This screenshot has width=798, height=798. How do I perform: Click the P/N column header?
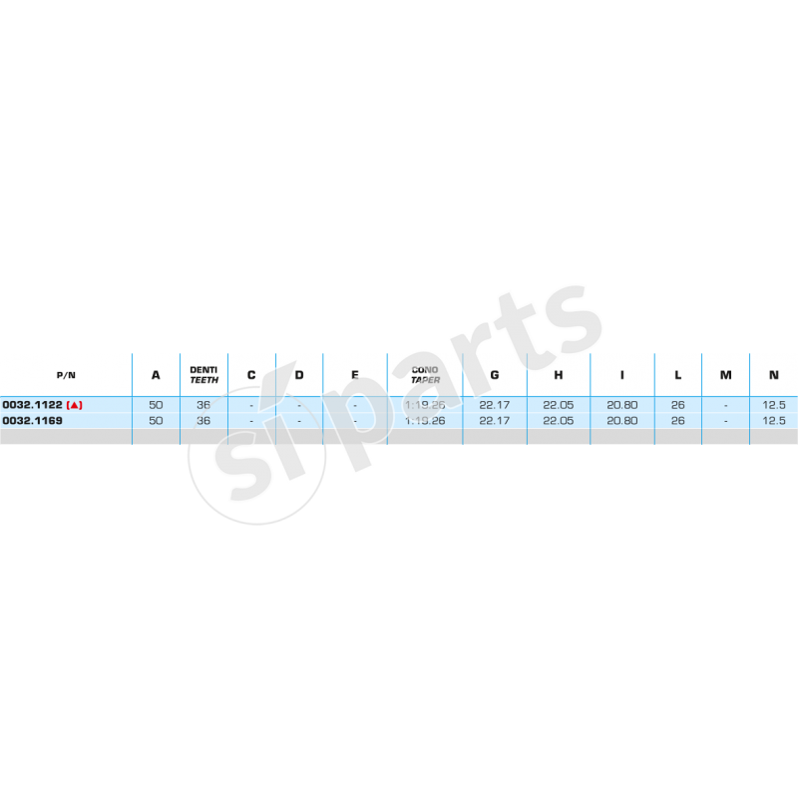click(66, 375)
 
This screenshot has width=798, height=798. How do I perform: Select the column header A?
click(156, 375)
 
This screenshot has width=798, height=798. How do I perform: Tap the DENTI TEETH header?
click(204, 375)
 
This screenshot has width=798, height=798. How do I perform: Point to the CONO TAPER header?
click(425, 375)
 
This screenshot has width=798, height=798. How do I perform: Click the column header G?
click(495, 375)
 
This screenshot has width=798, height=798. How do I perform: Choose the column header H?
click(559, 375)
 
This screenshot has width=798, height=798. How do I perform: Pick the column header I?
click(622, 375)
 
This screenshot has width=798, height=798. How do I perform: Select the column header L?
click(677, 375)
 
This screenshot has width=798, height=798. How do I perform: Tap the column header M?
click(725, 375)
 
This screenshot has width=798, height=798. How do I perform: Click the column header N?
click(774, 375)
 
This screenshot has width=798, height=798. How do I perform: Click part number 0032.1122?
click(33, 405)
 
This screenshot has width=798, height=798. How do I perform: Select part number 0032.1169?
click(33, 421)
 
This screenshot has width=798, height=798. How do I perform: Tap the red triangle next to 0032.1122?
click(75, 405)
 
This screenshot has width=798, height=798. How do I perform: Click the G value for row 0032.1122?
click(495, 405)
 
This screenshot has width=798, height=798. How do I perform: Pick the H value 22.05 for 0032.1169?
click(559, 421)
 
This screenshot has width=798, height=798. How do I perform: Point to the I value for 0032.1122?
click(622, 405)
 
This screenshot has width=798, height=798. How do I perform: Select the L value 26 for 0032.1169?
click(677, 421)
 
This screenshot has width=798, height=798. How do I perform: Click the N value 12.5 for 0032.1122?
click(774, 405)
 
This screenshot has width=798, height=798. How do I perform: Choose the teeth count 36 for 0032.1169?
click(203, 421)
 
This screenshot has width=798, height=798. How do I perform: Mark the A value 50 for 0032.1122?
click(156, 405)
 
